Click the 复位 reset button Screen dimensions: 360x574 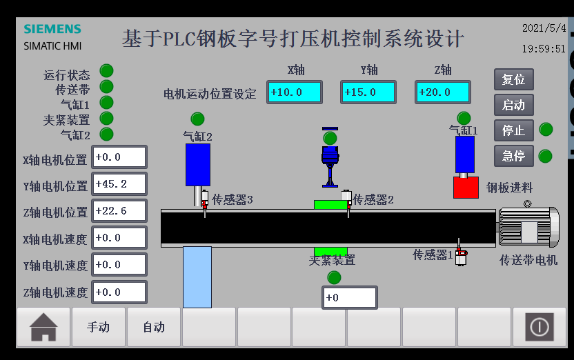513,79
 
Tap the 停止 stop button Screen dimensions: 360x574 513,130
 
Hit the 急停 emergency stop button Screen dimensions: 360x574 513,156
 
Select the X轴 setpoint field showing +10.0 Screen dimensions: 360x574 295,92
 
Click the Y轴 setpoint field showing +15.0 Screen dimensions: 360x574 368,92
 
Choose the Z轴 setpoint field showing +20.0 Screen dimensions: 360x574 442,92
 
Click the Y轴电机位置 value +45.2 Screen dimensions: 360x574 119,184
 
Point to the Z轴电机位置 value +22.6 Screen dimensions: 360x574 119,211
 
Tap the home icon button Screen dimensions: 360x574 43,327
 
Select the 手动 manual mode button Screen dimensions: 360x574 98,327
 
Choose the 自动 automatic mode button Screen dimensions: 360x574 153,327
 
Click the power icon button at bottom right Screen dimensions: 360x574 539,327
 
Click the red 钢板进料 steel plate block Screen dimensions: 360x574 466,188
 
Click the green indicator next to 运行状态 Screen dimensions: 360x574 107,70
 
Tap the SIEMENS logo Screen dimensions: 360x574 52,29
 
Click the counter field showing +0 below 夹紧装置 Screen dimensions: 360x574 349,298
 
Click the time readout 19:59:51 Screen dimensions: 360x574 543,49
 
